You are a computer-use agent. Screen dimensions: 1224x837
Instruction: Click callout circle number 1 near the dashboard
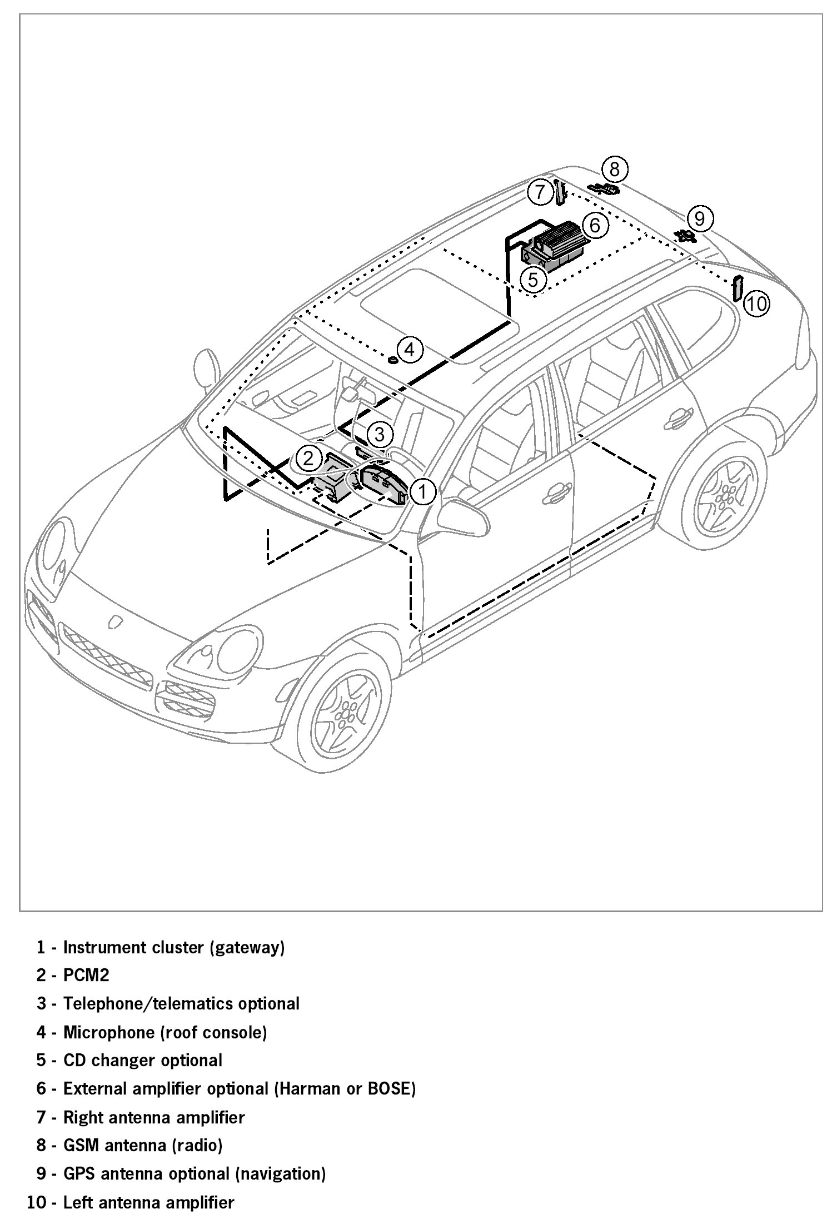[x=422, y=491]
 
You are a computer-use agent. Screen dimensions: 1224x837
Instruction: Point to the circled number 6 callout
[x=595, y=225]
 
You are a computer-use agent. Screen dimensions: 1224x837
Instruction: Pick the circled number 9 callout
[x=700, y=218]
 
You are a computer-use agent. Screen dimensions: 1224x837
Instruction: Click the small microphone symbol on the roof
[x=393, y=360]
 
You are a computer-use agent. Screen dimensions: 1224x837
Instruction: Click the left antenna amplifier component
[x=738, y=287]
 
